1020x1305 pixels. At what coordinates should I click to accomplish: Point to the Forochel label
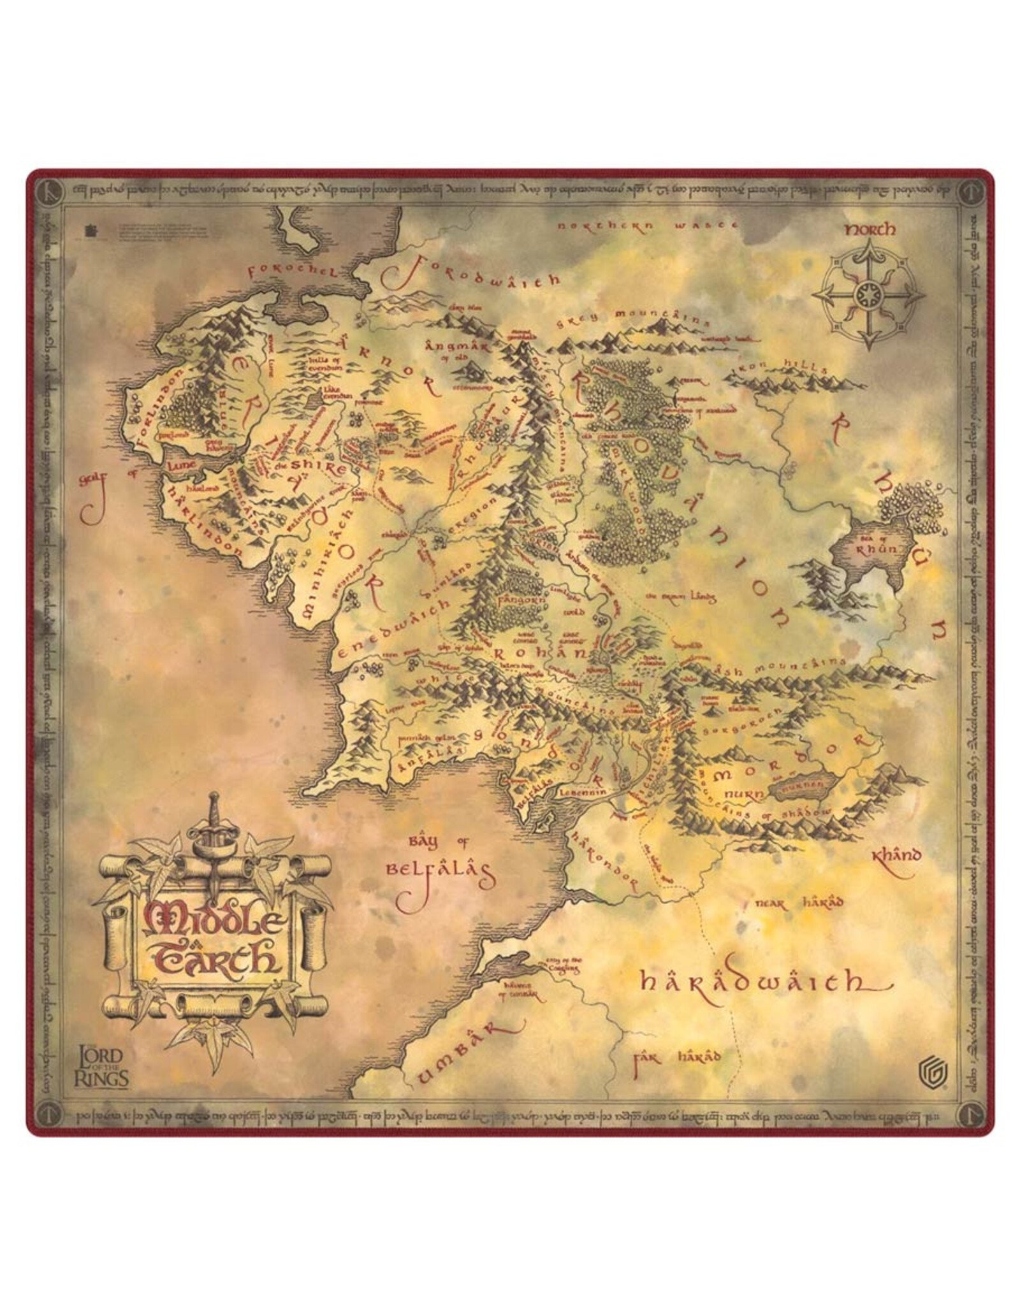point(290,272)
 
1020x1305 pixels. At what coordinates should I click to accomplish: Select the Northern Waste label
point(647,226)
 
